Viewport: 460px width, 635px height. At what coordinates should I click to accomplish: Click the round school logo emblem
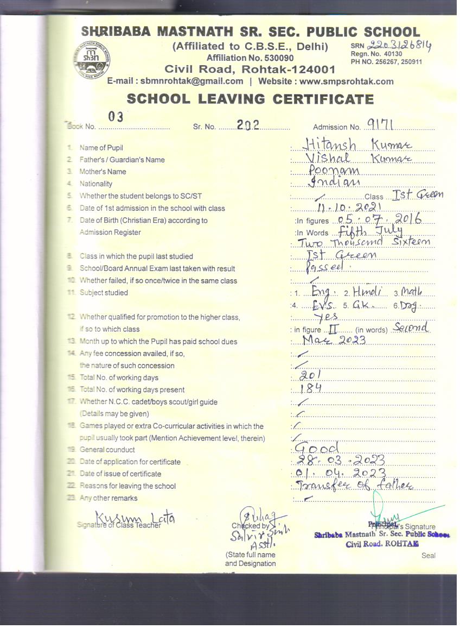pos(92,56)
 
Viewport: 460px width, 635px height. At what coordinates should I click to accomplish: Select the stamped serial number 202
pos(248,124)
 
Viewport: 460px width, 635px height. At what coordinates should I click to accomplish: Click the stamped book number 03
pos(116,116)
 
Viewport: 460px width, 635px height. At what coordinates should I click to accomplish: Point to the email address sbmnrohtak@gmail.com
pos(191,81)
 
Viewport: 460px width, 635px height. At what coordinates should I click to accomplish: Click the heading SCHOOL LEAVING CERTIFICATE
pos(250,99)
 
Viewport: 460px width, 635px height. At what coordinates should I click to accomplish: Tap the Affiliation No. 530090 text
pos(250,58)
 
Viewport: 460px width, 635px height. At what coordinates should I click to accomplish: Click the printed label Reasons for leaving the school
pos(127,486)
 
